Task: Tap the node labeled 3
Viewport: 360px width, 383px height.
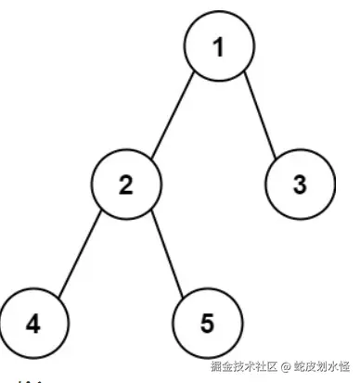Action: click(299, 185)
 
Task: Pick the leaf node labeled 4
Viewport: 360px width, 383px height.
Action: click(33, 325)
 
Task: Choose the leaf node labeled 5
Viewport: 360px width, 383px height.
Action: click(207, 325)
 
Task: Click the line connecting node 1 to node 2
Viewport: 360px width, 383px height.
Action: click(174, 115)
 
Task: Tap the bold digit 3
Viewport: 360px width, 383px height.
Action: click(299, 185)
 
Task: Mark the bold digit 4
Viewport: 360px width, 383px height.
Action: click(33, 325)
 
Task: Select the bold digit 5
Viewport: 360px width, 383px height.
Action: click(207, 325)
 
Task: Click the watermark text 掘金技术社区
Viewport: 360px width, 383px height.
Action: click(243, 365)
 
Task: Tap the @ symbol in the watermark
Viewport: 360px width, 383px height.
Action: click(286, 365)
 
